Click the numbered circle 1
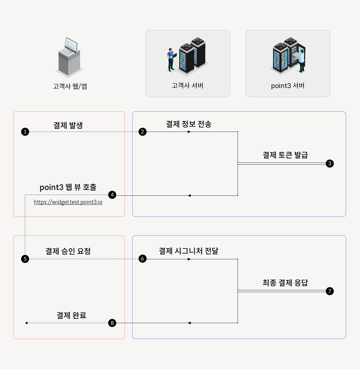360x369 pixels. pyautogui.click(x=25, y=132)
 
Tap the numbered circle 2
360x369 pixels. pyautogui.click(x=142, y=132)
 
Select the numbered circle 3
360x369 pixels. pyautogui.click(x=330, y=163)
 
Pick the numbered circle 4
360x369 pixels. pyautogui.click(x=112, y=195)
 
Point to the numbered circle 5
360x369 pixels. pyautogui.click(x=25, y=259)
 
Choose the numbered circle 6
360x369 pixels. pyautogui.click(x=142, y=259)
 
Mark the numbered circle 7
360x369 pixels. pyautogui.click(x=330, y=291)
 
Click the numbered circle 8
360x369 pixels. pyautogui.click(x=112, y=323)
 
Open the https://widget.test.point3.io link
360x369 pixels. pyautogui.click(x=68, y=202)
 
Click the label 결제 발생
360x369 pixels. pyautogui.click(x=68, y=125)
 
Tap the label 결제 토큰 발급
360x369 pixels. pyautogui.click(x=285, y=155)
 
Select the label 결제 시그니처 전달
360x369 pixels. pyautogui.click(x=188, y=251)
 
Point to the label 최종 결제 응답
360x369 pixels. pyautogui.click(x=285, y=283)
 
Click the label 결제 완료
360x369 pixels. pyautogui.click(x=72, y=315)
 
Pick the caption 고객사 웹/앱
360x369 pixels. pyautogui.click(x=70, y=86)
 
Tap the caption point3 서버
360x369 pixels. pyautogui.click(x=288, y=86)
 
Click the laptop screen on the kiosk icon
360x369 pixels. pyautogui.click(x=71, y=45)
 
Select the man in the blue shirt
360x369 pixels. pyautogui.click(x=171, y=60)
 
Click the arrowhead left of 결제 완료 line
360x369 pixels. pyautogui.click(x=26, y=323)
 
